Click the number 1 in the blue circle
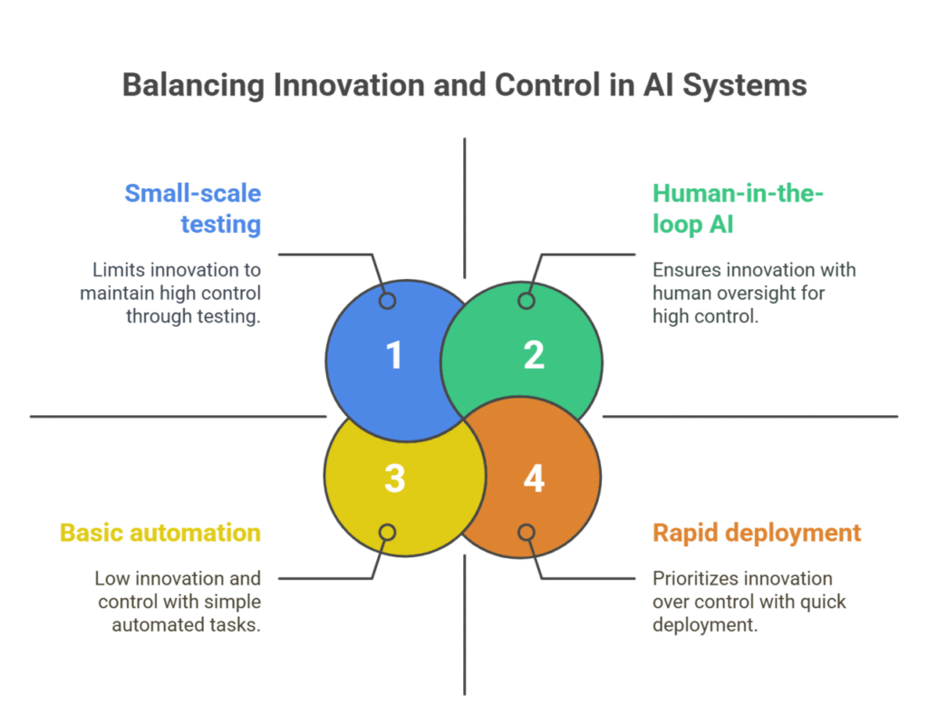(394, 355)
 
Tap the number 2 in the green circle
(534, 355)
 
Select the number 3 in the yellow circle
(394, 477)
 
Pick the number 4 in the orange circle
(534, 477)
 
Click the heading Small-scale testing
(193, 207)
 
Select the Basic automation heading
(160, 532)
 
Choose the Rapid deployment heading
(757, 532)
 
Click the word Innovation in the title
(310, 85)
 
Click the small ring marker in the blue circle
(388, 301)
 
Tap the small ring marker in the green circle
(527, 301)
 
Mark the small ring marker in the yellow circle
(388, 532)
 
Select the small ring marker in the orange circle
(527, 532)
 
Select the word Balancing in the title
(186, 85)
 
